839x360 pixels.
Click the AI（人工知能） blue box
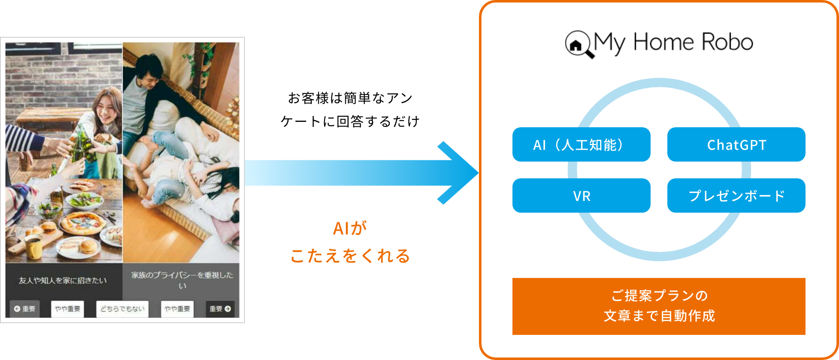pyautogui.click(x=581, y=145)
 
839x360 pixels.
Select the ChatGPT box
pyautogui.click(x=736, y=145)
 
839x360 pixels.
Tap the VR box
pyautogui.click(x=581, y=196)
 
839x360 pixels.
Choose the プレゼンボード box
pyautogui.click(x=736, y=196)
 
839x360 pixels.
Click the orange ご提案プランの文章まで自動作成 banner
pyautogui.click(x=659, y=306)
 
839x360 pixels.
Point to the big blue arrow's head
pyautogui.click(x=461, y=172)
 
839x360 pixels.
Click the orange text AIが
pyautogui.click(x=350, y=229)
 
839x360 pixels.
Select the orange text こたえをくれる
pyautogui.click(x=350, y=256)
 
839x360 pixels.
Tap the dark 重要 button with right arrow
pyautogui.click(x=220, y=309)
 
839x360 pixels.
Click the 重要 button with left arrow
pyautogui.click(x=25, y=309)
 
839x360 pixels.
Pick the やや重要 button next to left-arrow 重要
pyautogui.click(x=67, y=309)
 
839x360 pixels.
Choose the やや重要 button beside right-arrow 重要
pyautogui.click(x=177, y=309)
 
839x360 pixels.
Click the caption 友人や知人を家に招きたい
pyautogui.click(x=63, y=280)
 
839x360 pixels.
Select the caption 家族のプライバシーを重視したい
pyautogui.click(x=182, y=280)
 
